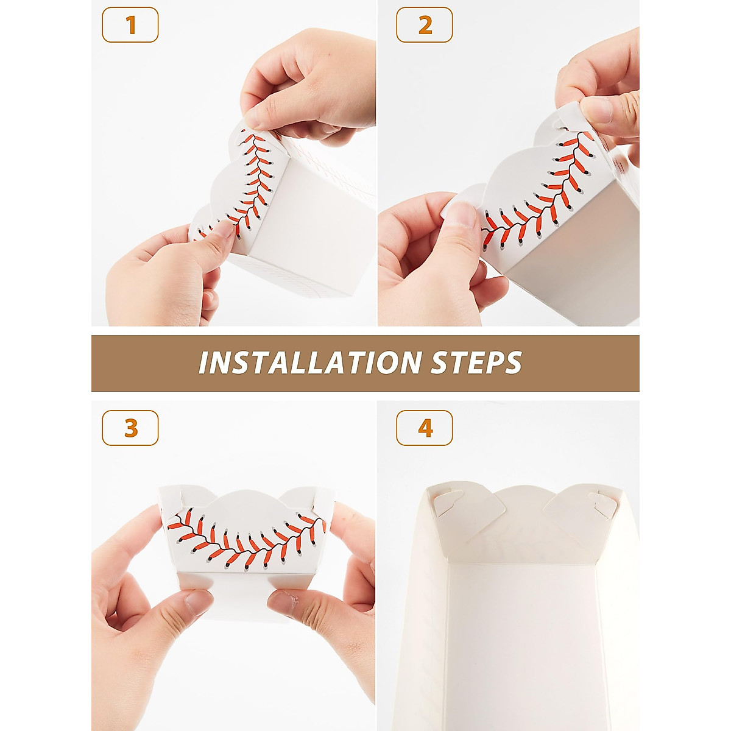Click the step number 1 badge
click(x=130, y=25)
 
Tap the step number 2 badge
click(x=425, y=25)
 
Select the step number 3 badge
click(x=130, y=428)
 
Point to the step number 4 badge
click(x=425, y=428)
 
